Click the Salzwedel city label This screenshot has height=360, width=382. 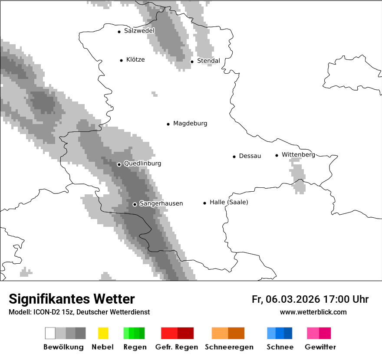[139, 31]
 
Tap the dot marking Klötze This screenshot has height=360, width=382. [121, 60]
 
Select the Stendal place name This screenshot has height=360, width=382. [208, 61]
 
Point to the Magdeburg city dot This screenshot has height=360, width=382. [168, 124]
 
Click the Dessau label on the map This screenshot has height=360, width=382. [250, 156]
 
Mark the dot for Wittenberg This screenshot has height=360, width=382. [277, 155]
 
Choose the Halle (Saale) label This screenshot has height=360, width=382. [229, 202]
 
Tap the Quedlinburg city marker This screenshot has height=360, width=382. [119, 164]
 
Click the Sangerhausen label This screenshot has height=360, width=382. [161, 203]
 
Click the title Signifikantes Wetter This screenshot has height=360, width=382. [72, 299]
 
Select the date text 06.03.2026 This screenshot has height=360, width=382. [293, 299]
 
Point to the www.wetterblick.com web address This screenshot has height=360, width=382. [313, 312]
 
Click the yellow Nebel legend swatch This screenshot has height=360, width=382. [103, 333]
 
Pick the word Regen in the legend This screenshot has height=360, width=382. [135, 347]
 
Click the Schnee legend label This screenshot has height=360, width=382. [280, 347]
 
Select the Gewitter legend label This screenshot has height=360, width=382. [320, 347]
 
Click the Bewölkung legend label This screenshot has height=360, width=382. [63, 347]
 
